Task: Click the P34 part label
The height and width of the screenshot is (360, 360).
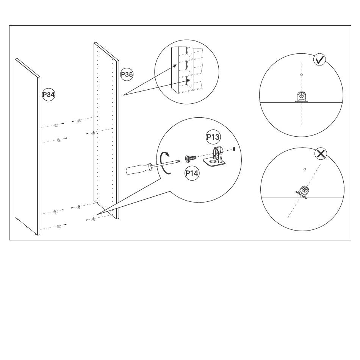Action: click(49, 95)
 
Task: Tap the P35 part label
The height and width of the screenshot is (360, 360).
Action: click(127, 75)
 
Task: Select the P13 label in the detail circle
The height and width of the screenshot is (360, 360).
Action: click(213, 137)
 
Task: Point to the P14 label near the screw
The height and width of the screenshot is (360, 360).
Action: click(192, 173)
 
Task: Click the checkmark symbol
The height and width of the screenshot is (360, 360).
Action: click(320, 60)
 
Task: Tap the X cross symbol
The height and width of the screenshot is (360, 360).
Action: click(321, 154)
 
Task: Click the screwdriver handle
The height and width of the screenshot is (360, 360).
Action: click(139, 168)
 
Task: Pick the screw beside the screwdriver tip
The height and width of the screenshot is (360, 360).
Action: click(191, 158)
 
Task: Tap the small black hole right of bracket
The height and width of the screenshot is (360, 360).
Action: click(234, 149)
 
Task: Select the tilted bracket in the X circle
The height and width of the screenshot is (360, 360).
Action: click(303, 192)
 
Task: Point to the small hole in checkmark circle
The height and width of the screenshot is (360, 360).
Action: click(301, 75)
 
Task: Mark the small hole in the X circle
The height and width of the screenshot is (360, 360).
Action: click(305, 169)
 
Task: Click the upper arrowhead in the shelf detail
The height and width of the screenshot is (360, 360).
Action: click(175, 66)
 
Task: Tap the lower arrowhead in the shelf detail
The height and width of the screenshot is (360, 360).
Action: click(188, 80)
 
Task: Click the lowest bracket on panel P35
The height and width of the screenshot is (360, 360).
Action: click(93, 219)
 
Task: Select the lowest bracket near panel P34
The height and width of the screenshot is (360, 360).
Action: click(59, 226)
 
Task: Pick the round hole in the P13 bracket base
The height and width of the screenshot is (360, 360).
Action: click(213, 162)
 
